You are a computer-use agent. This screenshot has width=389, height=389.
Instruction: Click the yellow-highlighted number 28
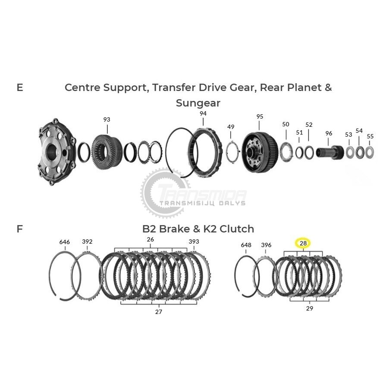pos(303,243)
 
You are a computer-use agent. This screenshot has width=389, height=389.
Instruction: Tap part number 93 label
pos(107,119)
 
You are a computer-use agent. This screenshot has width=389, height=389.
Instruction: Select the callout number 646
pos(65,242)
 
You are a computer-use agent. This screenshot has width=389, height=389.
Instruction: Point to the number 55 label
pos(370,136)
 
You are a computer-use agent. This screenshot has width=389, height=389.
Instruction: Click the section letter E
pos(20,88)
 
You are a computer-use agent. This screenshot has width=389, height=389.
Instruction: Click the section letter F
pos(19,229)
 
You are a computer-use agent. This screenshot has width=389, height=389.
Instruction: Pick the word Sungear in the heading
pos(198,103)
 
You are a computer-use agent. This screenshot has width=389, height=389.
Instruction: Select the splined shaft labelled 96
pos(330,152)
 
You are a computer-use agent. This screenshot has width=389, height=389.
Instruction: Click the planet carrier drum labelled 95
pos(260,152)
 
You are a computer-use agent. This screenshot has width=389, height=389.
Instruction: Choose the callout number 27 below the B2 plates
pos(159,312)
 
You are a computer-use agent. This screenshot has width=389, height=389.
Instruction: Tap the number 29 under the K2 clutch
pos(309,308)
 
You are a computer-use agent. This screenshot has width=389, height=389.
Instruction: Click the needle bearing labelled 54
pos(360,152)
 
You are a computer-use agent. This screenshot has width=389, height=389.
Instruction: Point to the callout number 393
pos(194,242)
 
